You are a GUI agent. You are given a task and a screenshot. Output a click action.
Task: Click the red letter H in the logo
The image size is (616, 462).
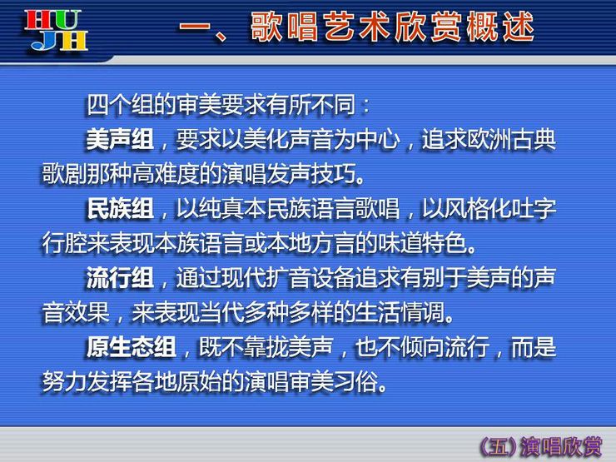coord(38,21)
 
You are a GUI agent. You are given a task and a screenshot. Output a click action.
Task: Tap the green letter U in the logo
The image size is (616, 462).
coord(67,21)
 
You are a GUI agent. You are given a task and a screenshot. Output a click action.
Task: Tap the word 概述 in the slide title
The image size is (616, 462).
coord(500,27)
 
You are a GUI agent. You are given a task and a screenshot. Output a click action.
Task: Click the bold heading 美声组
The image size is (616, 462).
coord(120,139)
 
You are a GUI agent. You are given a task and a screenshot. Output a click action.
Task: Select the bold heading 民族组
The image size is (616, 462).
coord(120,208)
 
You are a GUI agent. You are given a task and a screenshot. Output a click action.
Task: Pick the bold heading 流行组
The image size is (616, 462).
coord(120,278)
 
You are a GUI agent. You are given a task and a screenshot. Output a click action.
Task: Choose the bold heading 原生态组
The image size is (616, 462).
coord(131,347)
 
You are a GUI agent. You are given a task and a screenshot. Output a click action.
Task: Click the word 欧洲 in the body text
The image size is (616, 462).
coord(489,139)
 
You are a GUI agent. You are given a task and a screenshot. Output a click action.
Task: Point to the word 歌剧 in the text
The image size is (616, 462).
coord(64,174)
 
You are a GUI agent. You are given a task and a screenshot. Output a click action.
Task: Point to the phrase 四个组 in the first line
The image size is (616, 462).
coord(120,105)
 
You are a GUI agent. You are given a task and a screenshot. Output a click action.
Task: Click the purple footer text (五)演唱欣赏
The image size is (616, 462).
coord(540,446)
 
